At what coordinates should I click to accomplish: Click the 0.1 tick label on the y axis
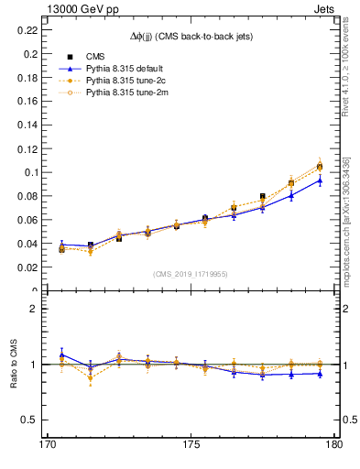(x=28, y=172)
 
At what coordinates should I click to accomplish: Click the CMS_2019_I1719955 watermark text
(x=191, y=273)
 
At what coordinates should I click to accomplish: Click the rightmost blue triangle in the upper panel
(x=320, y=180)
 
